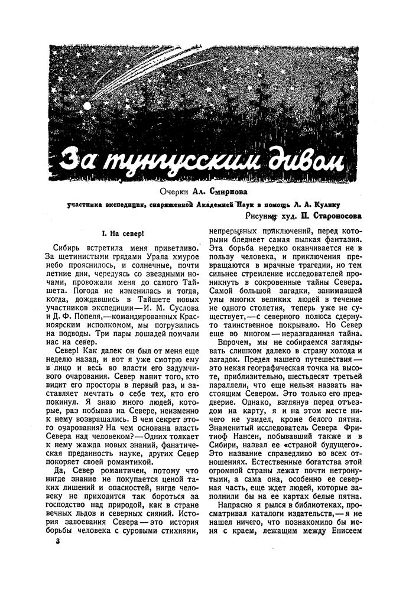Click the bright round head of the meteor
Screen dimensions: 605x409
tap(87, 107)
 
